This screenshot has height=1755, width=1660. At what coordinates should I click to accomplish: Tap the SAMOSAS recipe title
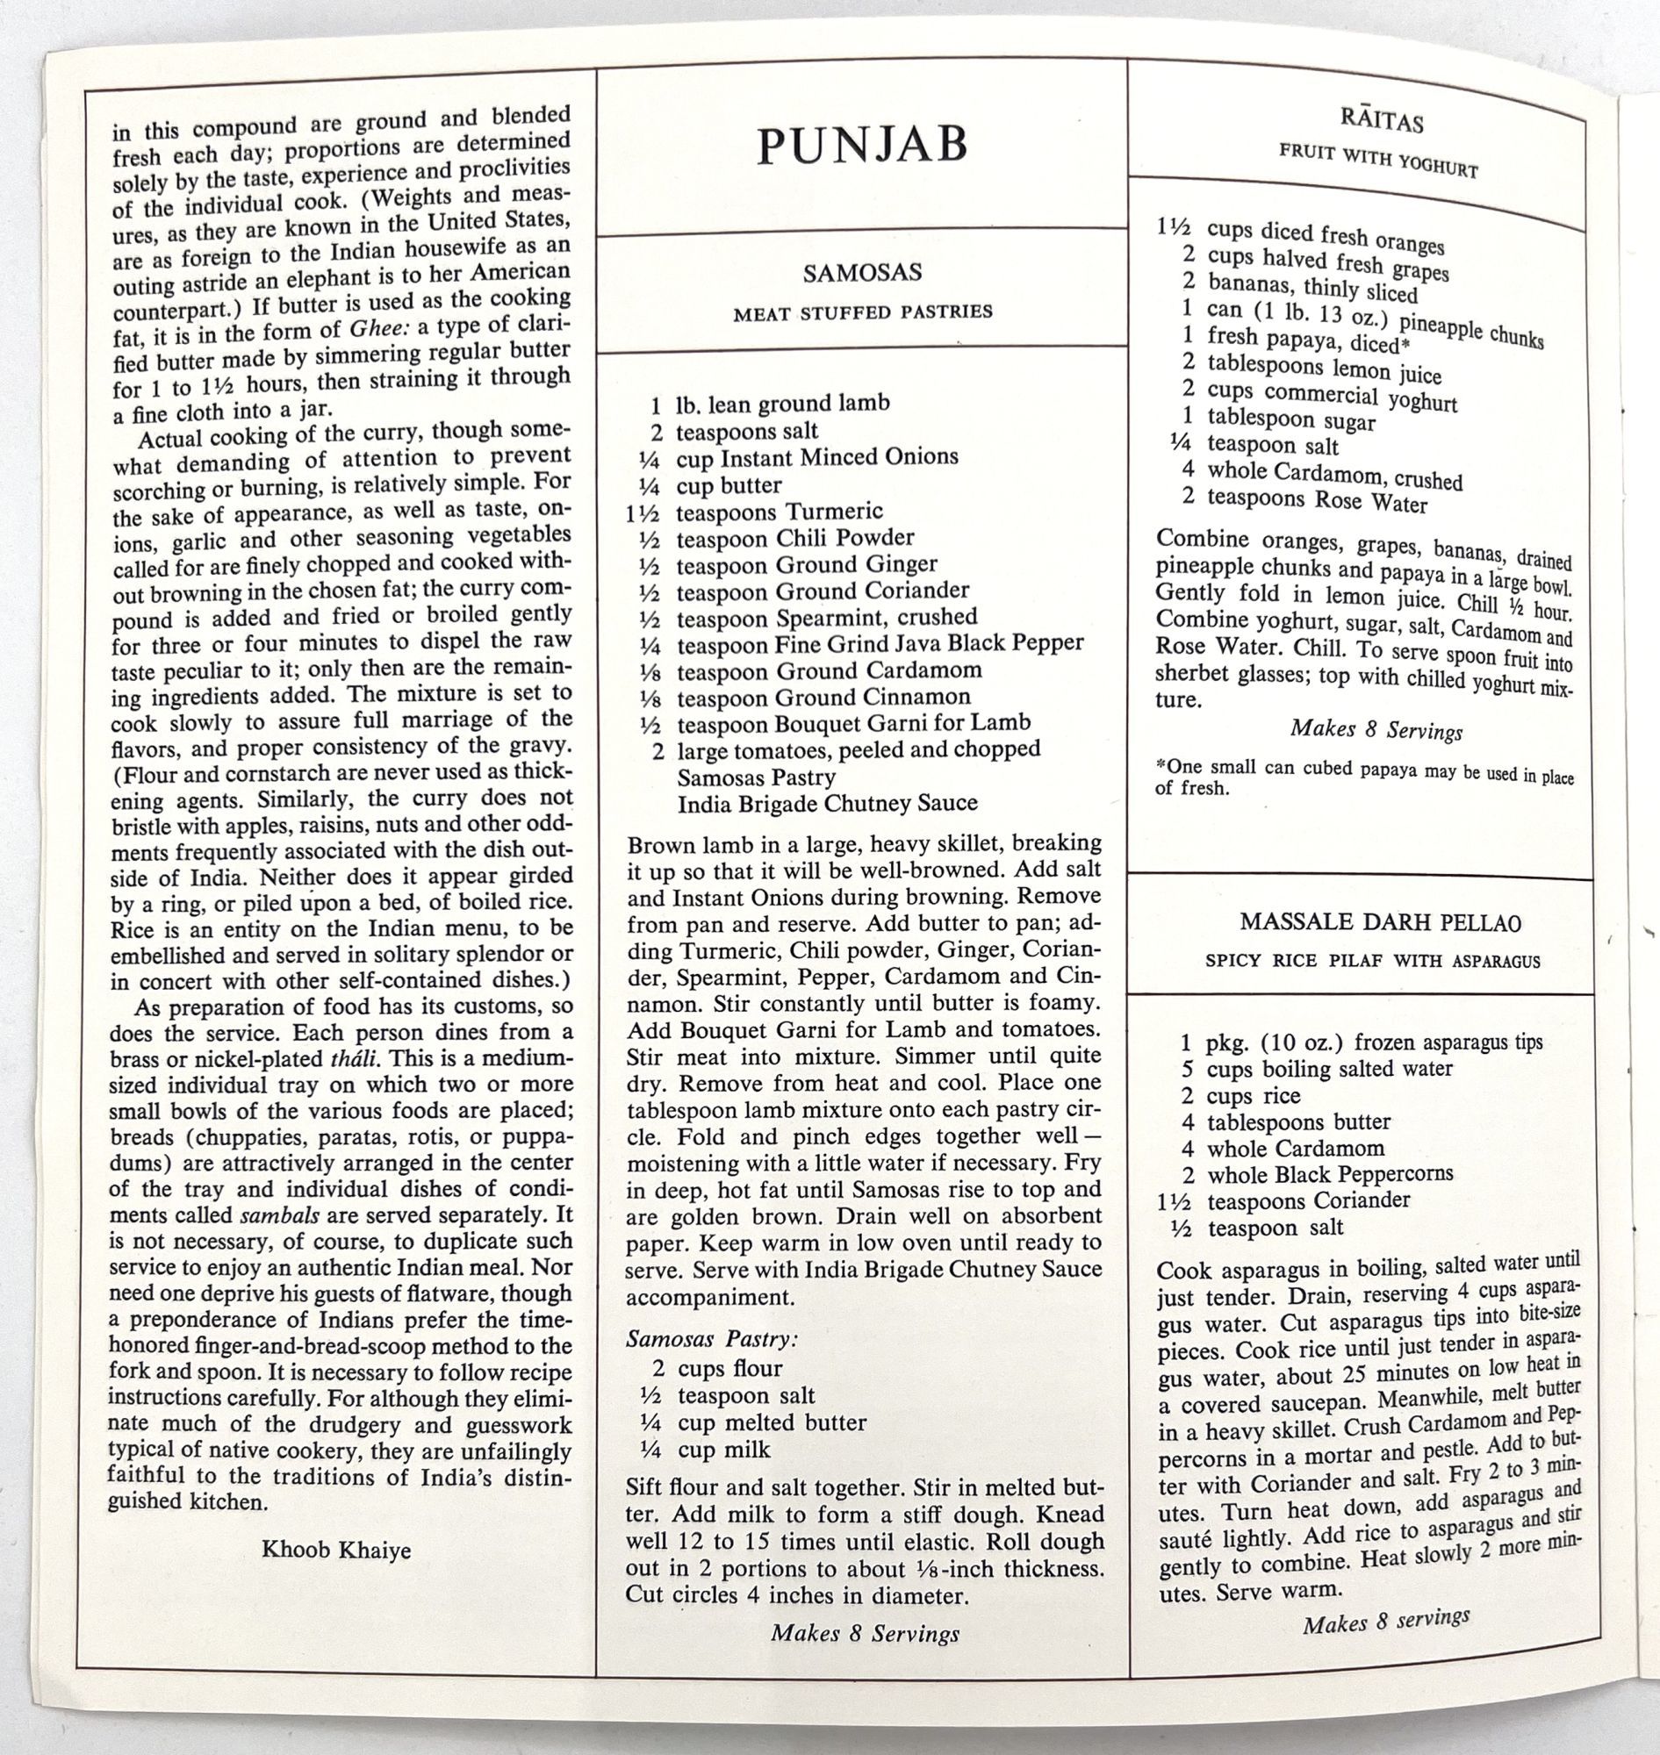(x=862, y=272)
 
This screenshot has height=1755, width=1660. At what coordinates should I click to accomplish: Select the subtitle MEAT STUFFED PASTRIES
(x=862, y=312)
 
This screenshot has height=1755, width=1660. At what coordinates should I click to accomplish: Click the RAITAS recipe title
(x=1380, y=120)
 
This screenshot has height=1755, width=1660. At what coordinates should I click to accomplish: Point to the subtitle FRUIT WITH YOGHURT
(x=1377, y=160)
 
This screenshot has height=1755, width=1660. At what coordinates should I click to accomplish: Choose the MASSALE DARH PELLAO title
(x=1380, y=921)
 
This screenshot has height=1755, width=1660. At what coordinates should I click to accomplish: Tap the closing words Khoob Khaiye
(x=336, y=1550)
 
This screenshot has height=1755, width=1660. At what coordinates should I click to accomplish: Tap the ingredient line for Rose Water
(x=1304, y=501)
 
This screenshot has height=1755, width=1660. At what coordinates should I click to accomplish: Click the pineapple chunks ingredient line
(x=1362, y=323)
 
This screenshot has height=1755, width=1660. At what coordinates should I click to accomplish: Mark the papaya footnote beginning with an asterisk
(x=1362, y=777)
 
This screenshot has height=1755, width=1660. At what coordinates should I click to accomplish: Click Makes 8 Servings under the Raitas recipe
(x=1375, y=731)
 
